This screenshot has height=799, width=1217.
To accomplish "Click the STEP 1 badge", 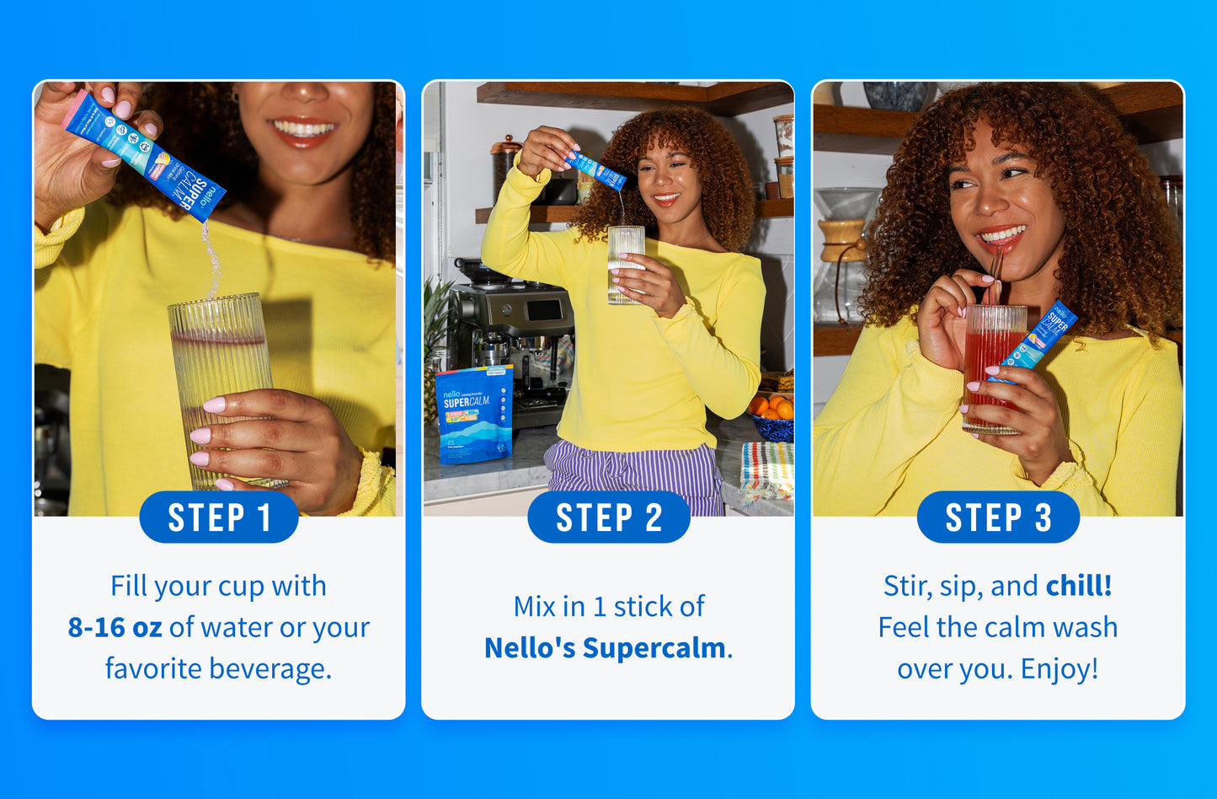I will pos(219,517).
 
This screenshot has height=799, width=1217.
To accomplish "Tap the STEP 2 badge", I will pos(608,517).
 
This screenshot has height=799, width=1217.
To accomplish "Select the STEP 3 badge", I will pos(998,517).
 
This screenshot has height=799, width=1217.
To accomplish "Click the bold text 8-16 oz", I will pos(115,628).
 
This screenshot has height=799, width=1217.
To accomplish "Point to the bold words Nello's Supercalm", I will pos(605,648).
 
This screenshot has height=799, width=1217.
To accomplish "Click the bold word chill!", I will pos(1079,586).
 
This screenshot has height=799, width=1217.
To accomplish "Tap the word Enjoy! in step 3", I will pos(1060,669).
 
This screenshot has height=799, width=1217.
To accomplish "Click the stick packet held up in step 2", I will pos(600,172).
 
